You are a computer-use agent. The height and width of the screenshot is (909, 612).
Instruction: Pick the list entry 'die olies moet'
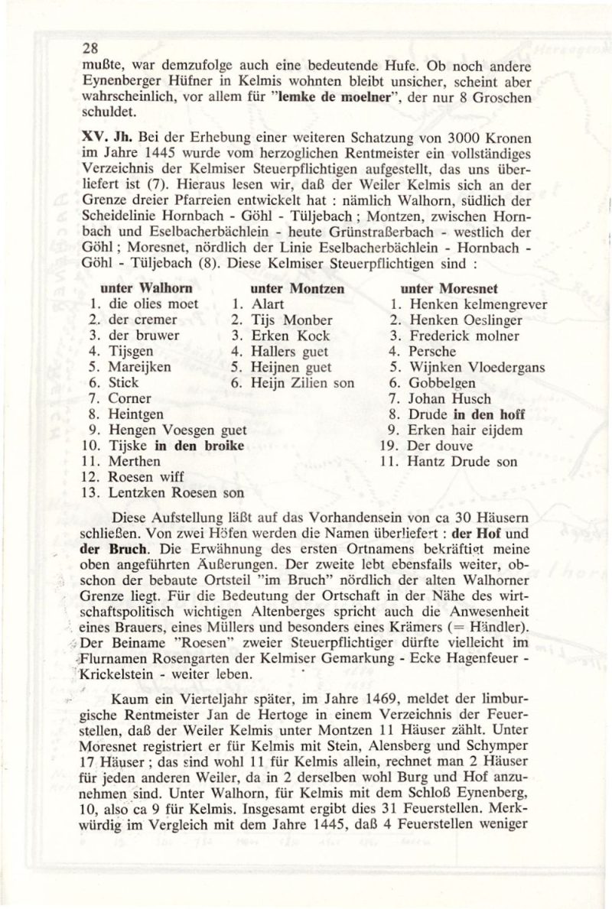153,304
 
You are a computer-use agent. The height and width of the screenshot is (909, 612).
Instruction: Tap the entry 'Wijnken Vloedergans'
477,368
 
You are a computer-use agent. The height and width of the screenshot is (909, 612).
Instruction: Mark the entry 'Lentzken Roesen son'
177,493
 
